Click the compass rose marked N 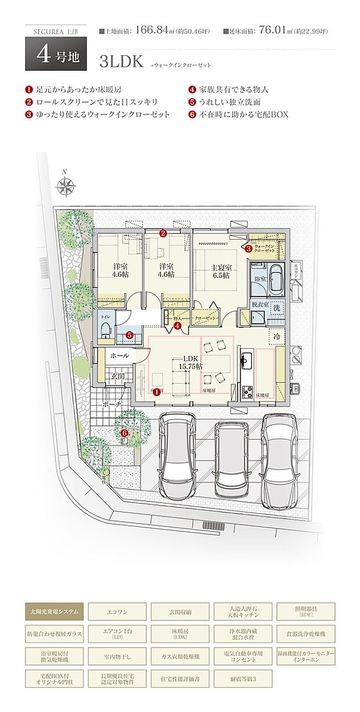66,186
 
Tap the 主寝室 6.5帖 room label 221,272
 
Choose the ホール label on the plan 119,355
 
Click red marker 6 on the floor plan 124,433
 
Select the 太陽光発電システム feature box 55,611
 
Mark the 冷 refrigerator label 277,337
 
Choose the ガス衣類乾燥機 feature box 180,656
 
